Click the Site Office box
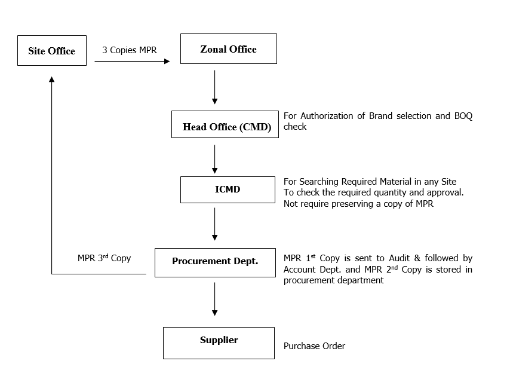tap(52, 51)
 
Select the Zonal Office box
tap(228, 49)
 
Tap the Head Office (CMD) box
tap(225, 125)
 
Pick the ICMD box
tap(228, 189)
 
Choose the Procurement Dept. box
tap(215, 262)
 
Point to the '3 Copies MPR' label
tap(130, 50)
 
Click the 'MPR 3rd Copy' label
tap(104, 258)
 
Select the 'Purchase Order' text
tap(314, 346)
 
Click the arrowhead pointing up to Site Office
tap(52, 80)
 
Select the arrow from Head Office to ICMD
tap(214, 159)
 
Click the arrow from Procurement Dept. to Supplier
tap(214, 299)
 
